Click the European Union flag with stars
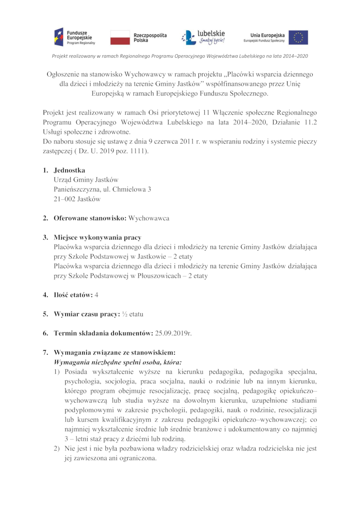[298, 37]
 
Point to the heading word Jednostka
[69, 171]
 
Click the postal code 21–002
[64, 198]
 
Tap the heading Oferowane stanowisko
[90, 218]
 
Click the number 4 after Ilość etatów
[96, 295]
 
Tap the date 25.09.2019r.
[173, 333]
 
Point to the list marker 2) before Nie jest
[57, 449]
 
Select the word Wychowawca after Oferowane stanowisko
[149, 218]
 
